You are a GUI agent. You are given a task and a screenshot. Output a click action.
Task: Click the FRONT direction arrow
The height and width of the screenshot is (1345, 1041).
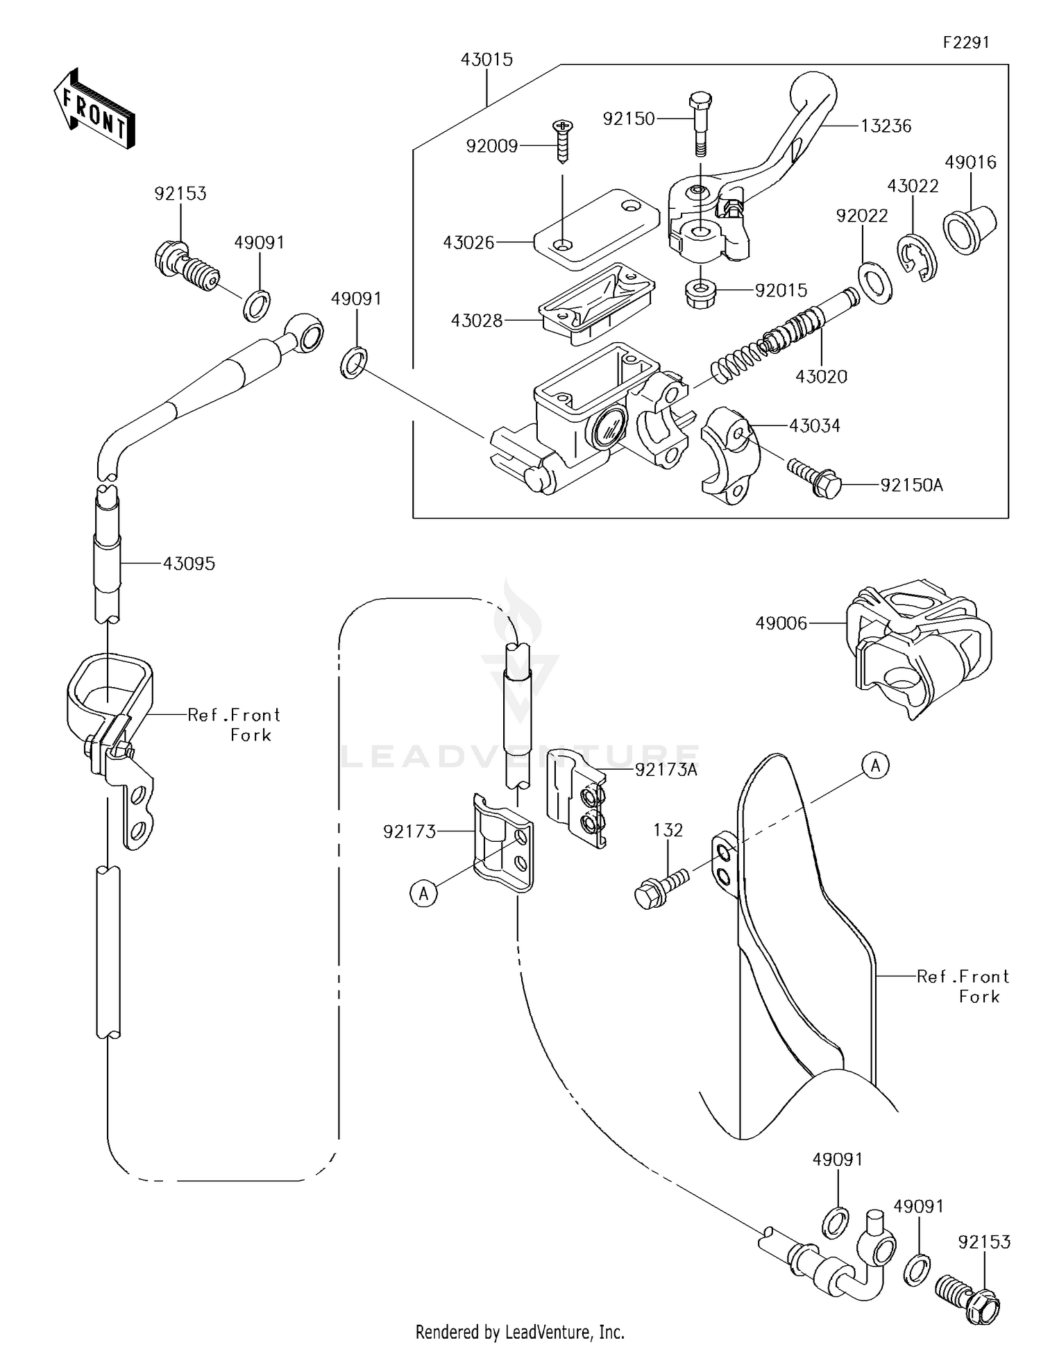click(94, 110)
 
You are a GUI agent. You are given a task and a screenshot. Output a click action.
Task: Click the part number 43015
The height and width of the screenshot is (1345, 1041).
click(486, 60)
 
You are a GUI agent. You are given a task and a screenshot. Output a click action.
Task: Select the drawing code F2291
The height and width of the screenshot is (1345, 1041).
click(965, 42)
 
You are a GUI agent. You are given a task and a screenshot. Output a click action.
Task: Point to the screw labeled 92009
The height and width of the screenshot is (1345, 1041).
click(561, 142)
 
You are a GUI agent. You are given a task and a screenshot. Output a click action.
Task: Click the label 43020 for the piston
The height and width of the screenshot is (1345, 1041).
click(821, 377)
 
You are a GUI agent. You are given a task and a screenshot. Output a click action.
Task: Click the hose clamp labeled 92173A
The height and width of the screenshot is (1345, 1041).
click(577, 797)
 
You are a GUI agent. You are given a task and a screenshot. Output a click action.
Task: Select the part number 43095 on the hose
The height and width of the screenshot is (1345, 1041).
click(189, 564)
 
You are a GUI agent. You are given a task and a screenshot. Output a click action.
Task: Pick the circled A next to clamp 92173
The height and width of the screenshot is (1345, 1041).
click(423, 894)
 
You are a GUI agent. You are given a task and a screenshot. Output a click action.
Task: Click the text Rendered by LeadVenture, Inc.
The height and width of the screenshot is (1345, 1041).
click(519, 1332)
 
